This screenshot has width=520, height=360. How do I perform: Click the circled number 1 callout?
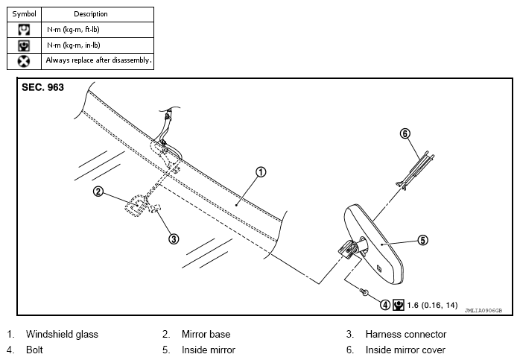click(x=261, y=172)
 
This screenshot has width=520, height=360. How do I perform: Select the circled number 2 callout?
click(x=98, y=192)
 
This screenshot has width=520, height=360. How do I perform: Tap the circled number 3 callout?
click(x=174, y=239)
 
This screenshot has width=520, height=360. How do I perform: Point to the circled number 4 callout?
click(x=385, y=305)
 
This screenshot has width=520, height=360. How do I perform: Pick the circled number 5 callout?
click(x=423, y=240)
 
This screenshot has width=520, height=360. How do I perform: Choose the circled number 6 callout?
click(x=405, y=133)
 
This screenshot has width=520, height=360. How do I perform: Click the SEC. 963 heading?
click(x=42, y=87)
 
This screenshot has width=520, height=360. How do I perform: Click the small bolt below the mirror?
click(x=364, y=292)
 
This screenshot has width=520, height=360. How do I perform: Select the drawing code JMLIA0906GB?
click(x=483, y=311)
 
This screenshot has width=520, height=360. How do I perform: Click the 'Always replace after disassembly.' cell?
click(x=98, y=61)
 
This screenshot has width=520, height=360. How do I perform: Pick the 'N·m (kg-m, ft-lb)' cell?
click(x=98, y=30)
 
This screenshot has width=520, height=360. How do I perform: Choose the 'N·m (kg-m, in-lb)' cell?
click(x=98, y=45)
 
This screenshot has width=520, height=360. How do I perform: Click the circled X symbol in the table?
click(x=24, y=61)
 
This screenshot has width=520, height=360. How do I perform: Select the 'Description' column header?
click(x=91, y=14)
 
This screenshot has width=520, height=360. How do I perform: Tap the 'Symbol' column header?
click(x=24, y=14)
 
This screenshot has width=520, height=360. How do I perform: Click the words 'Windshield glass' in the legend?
click(x=62, y=334)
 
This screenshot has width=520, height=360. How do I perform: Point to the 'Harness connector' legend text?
click(x=406, y=334)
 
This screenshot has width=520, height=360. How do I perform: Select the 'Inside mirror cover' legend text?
click(x=405, y=350)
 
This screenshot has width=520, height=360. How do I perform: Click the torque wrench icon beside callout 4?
click(x=399, y=305)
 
